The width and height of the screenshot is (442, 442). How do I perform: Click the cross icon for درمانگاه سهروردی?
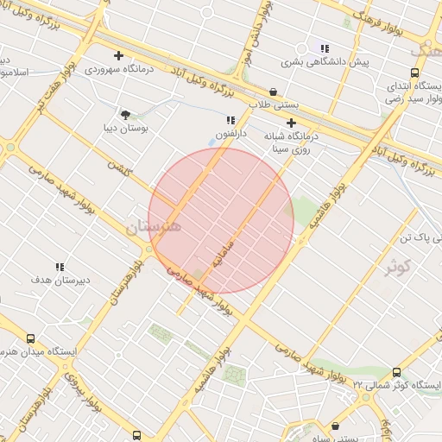click(x=141, y=55)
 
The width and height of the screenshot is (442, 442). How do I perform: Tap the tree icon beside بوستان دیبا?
click(x=126, y=114)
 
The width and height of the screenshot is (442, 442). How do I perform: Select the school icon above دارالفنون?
click(x=230, y=120)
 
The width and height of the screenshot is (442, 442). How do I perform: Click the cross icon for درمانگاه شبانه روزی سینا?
click(x=291, y=123)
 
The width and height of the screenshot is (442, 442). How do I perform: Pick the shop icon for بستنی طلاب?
click(x=274, y=92)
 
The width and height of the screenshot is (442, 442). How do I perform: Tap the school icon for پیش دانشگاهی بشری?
click(x=324, y=49)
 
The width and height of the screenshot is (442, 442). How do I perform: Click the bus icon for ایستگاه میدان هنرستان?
click(x=31, y=338)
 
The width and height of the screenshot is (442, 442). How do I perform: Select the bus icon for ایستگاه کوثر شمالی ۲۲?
click(x=396, y=371)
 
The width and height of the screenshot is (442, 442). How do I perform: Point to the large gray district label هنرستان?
click(x=154, y=228)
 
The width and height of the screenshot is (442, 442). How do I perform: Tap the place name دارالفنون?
click(x=230, y=135)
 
